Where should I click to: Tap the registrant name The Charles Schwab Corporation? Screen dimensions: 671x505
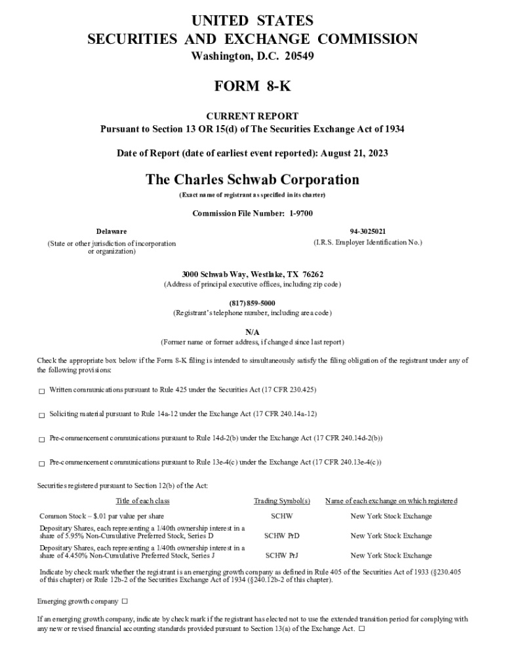(253, 180)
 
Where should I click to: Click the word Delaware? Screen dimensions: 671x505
(111, 232)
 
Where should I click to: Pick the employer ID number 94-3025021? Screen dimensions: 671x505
(368, 232)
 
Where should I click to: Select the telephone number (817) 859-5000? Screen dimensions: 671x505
(253, 303)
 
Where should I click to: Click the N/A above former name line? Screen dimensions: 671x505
(253, 332)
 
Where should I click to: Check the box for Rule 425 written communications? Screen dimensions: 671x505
(41, 391)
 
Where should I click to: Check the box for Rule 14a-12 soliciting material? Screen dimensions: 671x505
(41, 415)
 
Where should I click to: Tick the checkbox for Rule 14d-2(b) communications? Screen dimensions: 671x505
(41, 439)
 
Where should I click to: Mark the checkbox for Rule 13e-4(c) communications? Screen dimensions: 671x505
(41, 463)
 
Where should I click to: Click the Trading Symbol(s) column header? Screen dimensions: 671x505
(282, 501)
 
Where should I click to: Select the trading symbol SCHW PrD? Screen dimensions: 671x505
(282, 536)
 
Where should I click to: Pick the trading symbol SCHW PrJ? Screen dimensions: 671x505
(282, 556)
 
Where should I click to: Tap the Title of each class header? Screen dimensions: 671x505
(142, 501)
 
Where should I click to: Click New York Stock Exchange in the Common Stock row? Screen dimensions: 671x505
(391, 516)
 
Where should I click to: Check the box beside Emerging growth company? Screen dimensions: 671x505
(125, 602)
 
